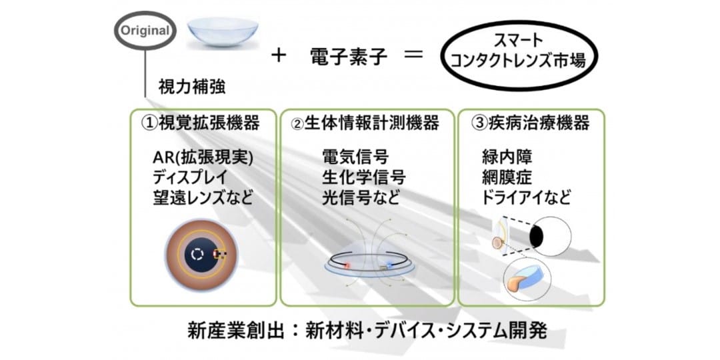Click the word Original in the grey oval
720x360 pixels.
[145, 31]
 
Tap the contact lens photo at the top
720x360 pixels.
[223, 33]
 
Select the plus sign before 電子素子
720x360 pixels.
[278, 57]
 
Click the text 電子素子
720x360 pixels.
[349, 57]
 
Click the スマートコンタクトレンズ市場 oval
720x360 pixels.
[518, 55]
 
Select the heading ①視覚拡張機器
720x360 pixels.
[200, 123]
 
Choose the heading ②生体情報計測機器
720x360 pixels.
[365, 123]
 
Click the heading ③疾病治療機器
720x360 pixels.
[530, 123]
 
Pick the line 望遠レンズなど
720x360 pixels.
[203, 198]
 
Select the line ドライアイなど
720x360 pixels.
[526, 198]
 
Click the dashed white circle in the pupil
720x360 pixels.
[197, 254]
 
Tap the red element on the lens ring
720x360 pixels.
[347, 265]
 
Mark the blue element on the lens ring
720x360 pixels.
[390, 265]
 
